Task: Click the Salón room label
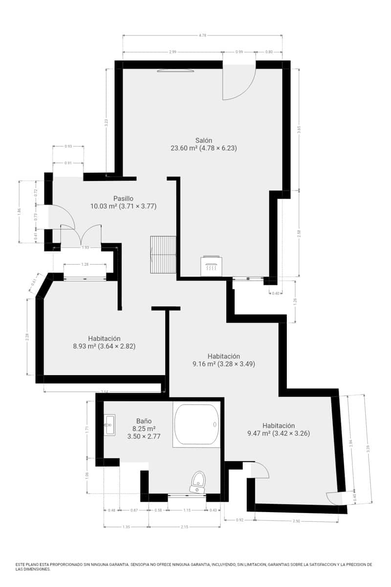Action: pyautogui.click(x=204, y=140)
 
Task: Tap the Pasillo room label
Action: pyautogui.click(x=123, y=198)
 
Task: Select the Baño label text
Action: pyautogui.click(x=144, y=421)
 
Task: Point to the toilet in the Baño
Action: pyautogui.click(x=198, y=482)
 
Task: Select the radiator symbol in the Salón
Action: pyautogui.click(x=211, y=267)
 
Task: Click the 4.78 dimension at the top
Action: pyautogui.click(x=202, y=35)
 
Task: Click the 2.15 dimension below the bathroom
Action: pyautogui.click(x=184, y=527)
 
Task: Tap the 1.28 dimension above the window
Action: pyautogui.click(x=85, y=265)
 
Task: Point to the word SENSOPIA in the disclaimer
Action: pyautogui.click(x=143, y=564)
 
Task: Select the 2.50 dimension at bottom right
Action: pyautogui.click(x=296, y=521)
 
